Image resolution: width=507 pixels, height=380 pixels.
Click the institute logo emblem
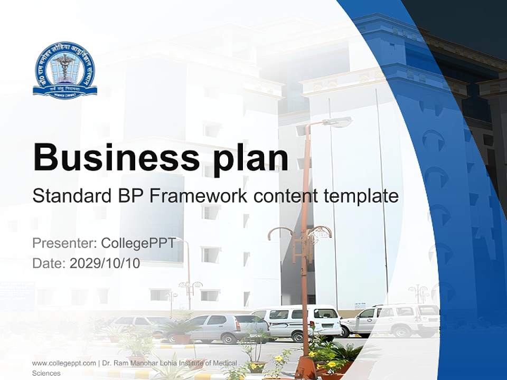coord(65,69)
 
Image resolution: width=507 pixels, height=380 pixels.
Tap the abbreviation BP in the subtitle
coord(130,196)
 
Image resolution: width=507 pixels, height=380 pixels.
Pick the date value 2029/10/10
coord(105,263)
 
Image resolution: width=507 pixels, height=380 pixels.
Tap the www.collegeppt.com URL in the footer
coord(64,363)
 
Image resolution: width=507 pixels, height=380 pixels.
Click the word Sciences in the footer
coord(46,373)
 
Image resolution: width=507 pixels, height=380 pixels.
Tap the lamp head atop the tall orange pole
coord(337,122)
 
